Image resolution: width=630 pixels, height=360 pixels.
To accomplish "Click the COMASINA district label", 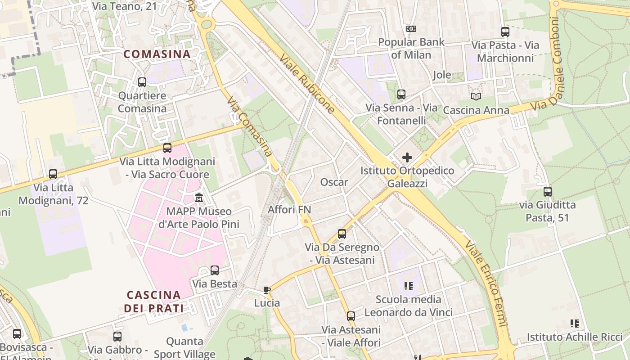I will tap(157, 54).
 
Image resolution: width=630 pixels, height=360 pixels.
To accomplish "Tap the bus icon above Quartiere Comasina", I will tap(142, 82).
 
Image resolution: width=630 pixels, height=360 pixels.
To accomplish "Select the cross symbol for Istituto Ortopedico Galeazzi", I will tap(407, 157).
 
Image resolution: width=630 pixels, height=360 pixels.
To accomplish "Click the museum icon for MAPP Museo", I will tap(199, 198).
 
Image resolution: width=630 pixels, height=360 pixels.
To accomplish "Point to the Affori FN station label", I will tap(289, 209).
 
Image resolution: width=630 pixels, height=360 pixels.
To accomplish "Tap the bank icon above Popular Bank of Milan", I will tap(411, 29).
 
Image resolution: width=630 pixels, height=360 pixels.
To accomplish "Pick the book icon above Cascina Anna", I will tap(476, 96).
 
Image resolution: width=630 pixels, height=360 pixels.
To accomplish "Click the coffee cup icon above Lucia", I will tap(267, 290).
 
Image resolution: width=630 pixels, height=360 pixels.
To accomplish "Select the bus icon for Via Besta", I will tap(215, 270).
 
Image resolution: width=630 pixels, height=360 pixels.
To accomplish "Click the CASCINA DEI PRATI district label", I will tap(154, 301).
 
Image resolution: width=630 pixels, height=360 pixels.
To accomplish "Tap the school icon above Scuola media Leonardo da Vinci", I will tap(409, 286).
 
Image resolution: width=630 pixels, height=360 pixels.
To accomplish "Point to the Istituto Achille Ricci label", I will tap(575, 337).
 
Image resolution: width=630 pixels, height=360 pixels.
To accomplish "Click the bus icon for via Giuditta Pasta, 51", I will tap(547, 192).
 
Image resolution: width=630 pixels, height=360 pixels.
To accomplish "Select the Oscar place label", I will tap(334, 182).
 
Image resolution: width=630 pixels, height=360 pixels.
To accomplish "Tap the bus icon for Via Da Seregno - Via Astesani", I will tap(342, 234).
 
